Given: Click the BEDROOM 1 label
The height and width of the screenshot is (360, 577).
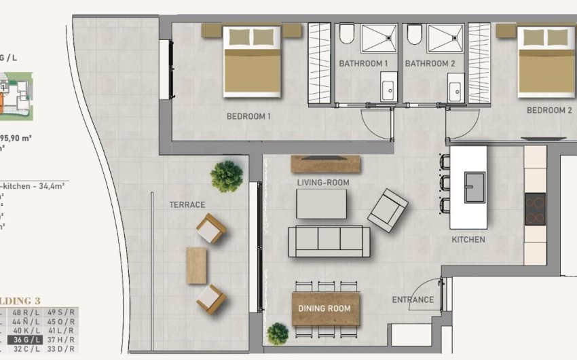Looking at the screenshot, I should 248,116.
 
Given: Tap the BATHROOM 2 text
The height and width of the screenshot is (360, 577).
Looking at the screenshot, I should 430,64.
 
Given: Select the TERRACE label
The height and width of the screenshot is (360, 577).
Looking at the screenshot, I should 187,204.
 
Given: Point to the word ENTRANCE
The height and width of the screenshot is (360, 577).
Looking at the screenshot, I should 413,300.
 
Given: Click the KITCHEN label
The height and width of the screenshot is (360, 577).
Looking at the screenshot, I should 468,240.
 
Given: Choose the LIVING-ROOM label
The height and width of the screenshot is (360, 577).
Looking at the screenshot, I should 322,183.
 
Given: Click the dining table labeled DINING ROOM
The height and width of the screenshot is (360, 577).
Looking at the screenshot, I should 325,308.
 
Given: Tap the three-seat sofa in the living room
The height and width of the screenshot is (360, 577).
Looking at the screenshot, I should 329,241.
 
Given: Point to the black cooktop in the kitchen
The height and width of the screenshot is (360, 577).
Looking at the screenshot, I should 535,209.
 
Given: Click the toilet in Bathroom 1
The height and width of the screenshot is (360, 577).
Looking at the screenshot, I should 346,34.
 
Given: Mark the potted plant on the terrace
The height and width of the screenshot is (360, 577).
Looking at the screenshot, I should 226,177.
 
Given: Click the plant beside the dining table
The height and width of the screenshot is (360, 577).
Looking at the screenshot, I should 278,334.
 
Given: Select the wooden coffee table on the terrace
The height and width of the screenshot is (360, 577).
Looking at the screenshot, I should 196,265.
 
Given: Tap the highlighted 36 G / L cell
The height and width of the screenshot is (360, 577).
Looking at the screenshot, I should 24,340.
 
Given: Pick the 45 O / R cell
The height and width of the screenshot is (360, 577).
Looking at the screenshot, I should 61,321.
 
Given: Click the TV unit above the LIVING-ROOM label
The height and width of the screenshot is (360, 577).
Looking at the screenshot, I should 325,164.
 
